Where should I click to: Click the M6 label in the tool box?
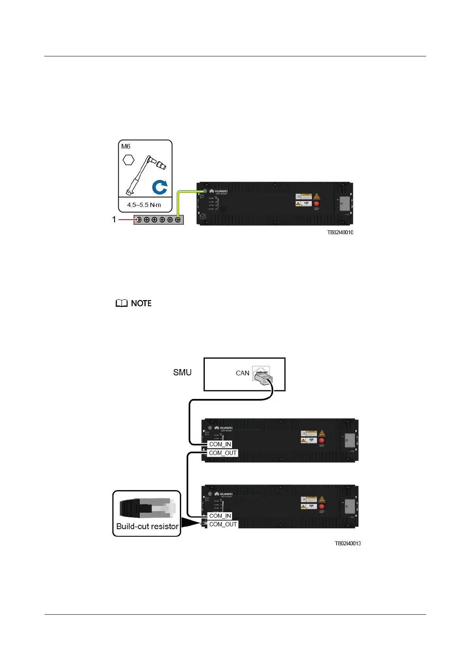point(125,146)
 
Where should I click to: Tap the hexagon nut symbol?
point(129,160)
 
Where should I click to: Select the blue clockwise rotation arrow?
point(160,187)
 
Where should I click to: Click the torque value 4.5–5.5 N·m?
point(144,205)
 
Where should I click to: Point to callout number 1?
point(114,220)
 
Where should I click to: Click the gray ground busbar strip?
point(158,220)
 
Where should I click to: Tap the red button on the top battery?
point(316,204)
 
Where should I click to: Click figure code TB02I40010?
point(340,232)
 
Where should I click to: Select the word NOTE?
point(141,303)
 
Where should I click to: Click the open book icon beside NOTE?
point(122,303)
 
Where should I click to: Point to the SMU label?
point(182,372)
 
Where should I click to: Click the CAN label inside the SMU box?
point(242,373)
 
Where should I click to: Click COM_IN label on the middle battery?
point(220,444)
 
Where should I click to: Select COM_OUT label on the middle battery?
point(223,453)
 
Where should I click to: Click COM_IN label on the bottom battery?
point(220,516)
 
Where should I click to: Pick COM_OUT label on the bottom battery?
point(223,524)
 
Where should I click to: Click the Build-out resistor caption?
point(147,526)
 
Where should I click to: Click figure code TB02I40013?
point(348,543)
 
